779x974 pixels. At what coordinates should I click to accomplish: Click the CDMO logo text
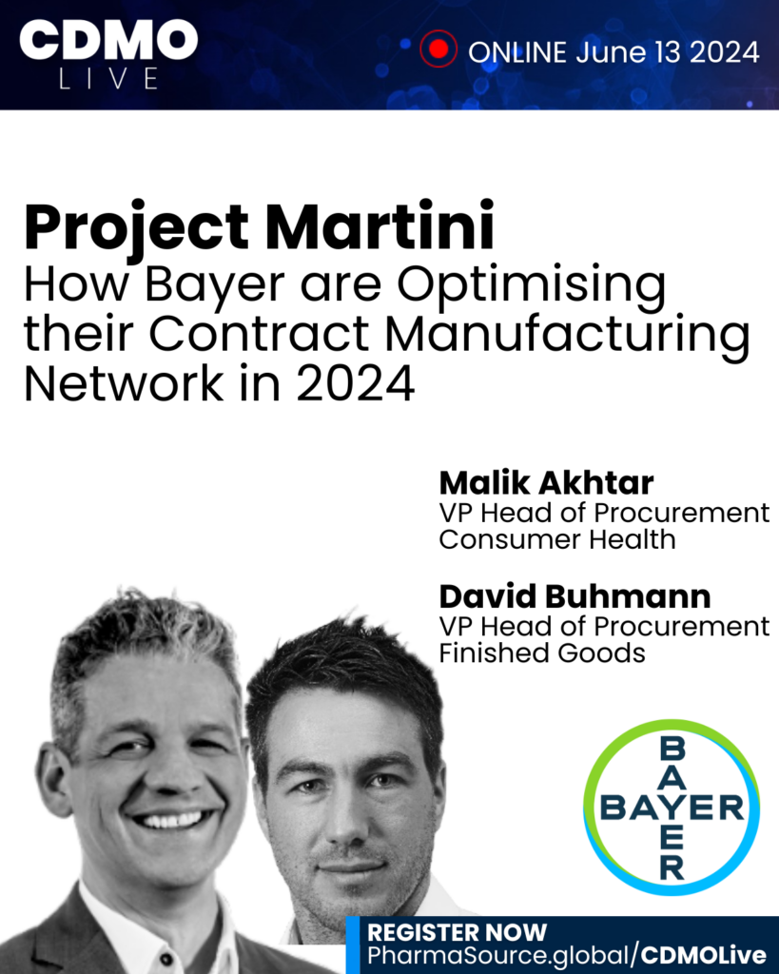click(x=108, y=39)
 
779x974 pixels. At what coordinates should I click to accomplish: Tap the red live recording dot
click(x=438, y=49)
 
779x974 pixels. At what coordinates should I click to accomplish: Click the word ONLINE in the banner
click(x=516, y=52)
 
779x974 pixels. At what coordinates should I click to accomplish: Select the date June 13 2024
click(x=667, y=52)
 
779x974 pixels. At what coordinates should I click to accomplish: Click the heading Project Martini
click(x=259, y=226)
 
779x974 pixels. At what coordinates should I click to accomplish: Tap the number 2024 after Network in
click(x=356, y=384)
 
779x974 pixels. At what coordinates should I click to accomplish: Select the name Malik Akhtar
click(x=546, y=482)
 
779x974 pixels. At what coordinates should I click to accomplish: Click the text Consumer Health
click(x=556, y=539)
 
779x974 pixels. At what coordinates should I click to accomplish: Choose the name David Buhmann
click(x=575, y=596)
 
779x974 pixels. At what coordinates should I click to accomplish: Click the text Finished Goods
click(x=542, y=653)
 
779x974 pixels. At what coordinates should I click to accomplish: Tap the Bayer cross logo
click(x=672, y=808)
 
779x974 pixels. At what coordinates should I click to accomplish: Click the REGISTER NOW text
click(x=457, y=932)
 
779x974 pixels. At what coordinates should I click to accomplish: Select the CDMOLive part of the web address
click(x=704, y=955)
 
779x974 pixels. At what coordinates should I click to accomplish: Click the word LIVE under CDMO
click(x=108, y=79)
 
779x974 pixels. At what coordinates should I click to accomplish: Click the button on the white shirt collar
click(x=166, y=959)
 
